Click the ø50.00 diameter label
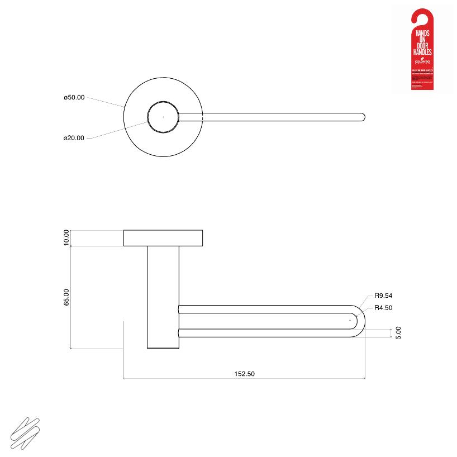pos(74,97)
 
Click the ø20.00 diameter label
pos(74,137)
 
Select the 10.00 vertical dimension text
pos(66,237)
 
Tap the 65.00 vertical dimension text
pos(66,297)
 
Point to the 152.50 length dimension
pos(244,374)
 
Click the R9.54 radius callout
pos(384,296)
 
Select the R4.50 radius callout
pos(384,307)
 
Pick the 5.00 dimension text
pos(398,333)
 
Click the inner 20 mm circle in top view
pos(163,117)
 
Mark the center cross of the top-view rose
pos(163,117)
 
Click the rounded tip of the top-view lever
pos(363,117)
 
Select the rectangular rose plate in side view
pos(163,238)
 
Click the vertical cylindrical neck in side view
pos(163,296)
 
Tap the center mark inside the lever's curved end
pos(350,321)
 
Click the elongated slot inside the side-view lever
pos(263,321)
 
